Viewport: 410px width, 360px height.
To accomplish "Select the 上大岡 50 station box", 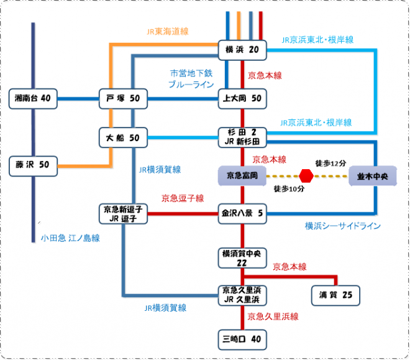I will click(x=242, y=98).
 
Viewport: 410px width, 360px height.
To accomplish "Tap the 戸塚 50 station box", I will click(x=122, y=98).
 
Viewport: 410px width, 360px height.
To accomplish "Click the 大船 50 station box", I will click(x=122, y=137).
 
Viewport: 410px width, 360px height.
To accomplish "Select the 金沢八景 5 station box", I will click(x=242, y=213).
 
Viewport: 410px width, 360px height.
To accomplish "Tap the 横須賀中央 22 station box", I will click(x=242, y=258).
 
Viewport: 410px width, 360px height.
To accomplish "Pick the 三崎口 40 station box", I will click(x=242, y=339).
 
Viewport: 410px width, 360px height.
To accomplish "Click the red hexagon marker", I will click(x=306, y=176).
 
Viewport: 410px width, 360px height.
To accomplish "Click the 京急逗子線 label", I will click(x=183, y=198).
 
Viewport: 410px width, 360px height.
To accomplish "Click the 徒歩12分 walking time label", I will click(x=330, y=163).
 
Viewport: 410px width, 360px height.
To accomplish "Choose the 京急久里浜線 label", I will click(x=273, y=316).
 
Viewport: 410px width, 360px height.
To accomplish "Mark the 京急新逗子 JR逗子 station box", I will click(x=122, y=213).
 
